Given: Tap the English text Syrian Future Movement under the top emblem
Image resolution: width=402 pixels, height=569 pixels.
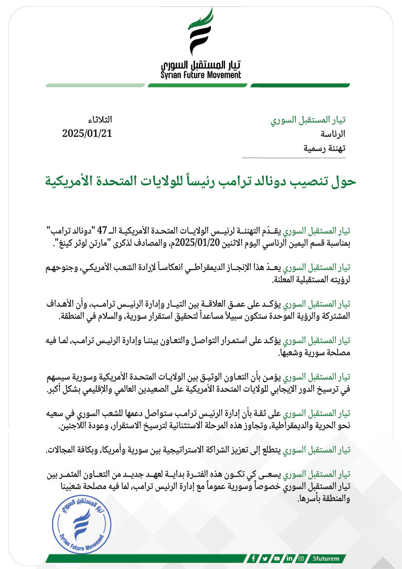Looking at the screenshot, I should point(201,75).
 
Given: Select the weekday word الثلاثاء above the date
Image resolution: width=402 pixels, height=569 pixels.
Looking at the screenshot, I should point(99,120).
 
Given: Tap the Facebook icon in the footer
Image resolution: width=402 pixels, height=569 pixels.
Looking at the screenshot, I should point(253,558).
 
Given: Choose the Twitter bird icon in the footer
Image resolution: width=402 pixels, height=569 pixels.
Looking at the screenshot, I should point(265,558).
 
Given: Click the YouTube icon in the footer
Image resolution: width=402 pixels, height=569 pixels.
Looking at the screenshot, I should point(277,558).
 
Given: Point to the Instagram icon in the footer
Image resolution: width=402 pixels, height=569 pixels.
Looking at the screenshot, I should point(301,558).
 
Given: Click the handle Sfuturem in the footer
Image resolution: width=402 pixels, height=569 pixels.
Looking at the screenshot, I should point(327,558).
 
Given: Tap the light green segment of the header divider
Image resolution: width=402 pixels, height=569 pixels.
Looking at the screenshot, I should point(95,85).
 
